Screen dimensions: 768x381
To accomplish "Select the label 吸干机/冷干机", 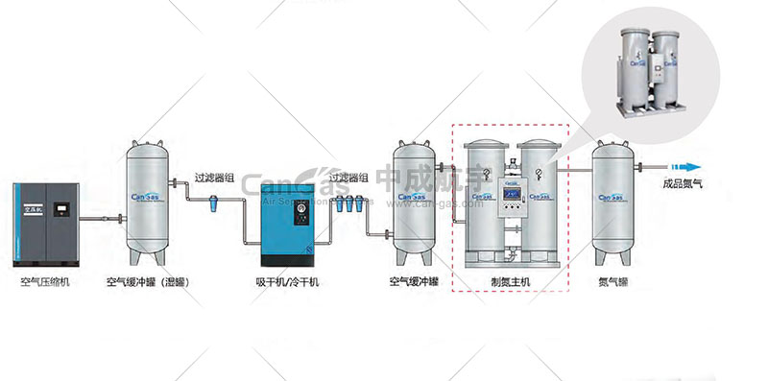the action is [287, 282].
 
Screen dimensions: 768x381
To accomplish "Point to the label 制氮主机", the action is [510, 282].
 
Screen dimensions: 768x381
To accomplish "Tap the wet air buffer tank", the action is [150, 202].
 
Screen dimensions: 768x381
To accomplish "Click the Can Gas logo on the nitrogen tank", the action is [613, 198].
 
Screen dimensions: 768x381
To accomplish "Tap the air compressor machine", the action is [46, 225].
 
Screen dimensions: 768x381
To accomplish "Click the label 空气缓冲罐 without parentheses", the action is [414, 282].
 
